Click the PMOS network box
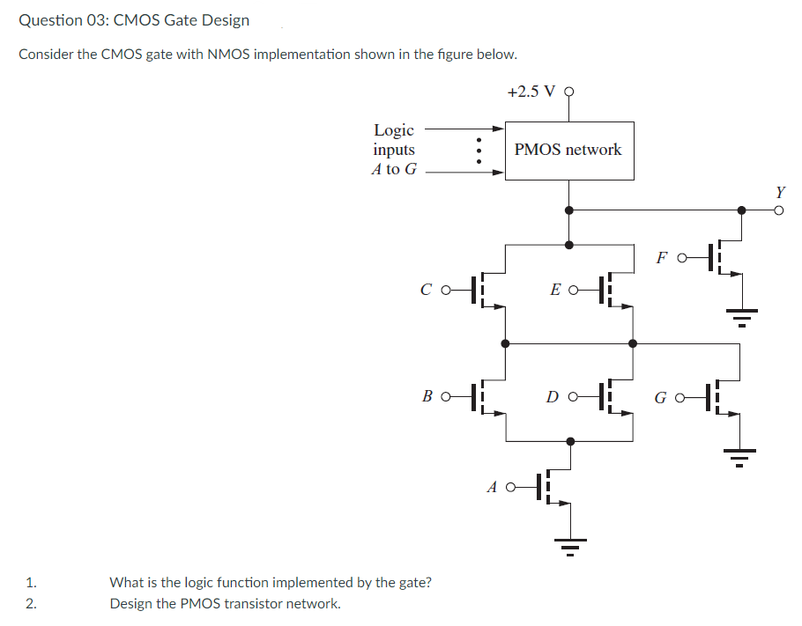(568, 150)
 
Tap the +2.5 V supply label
(531, 92)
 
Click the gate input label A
(493, 485)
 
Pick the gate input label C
(427, 289)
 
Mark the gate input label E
(555, 289)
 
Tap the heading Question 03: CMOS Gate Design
(134, 19)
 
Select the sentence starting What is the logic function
(270, 582)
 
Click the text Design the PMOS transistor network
(225, 604)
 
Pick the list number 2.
(32, 604)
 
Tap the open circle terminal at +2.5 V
(568, 92)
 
